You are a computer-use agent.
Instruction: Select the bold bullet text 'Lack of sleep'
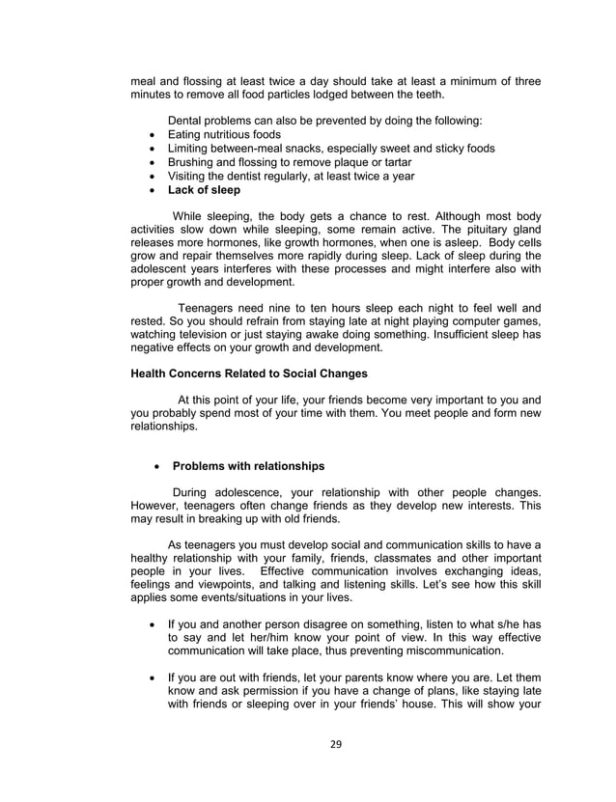coord(205,190)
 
